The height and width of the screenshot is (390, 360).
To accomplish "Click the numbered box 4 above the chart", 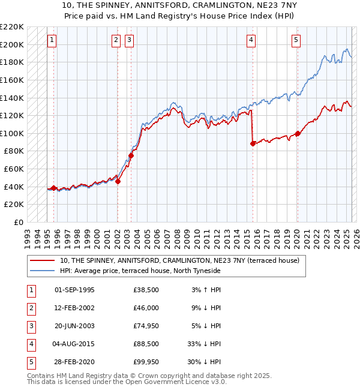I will tap(251, 40).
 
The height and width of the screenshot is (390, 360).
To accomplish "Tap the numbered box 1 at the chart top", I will tap(52, 40).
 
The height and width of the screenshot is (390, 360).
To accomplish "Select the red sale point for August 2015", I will tap(253, 143).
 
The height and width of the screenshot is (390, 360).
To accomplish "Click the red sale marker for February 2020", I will tap(298, 133).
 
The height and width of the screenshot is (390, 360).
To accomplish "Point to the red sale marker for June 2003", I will tap(131, 155).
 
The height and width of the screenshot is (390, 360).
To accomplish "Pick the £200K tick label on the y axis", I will tap(13, 44).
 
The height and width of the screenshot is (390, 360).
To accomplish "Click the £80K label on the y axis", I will tap(15, 151).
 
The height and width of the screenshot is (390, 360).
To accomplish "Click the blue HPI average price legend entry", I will tap(140, 271).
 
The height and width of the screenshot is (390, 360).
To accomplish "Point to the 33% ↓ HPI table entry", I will tap(205, 344).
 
